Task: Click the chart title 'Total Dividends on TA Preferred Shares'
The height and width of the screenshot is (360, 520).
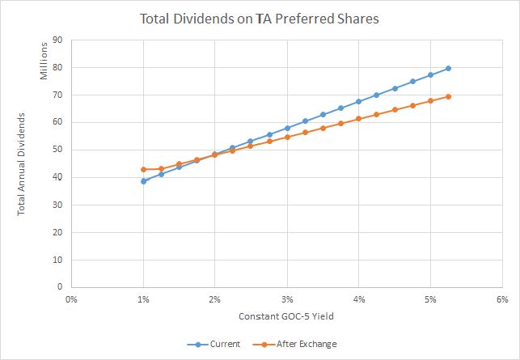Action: click(259, 17)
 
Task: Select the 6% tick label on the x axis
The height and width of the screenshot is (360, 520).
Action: click(501, 299)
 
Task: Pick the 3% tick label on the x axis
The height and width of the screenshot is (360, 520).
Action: click(287, 299)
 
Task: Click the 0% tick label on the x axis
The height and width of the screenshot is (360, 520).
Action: click(71, 299)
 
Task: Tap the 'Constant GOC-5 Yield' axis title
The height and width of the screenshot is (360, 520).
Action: click(286, 316)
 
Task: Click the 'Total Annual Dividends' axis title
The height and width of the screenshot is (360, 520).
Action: click(22, 164)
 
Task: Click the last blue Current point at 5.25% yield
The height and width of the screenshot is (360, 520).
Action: click(448, 69)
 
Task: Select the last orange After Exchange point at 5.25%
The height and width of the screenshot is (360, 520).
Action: click(448, 96)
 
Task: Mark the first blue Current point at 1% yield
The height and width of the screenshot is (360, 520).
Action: click(143, 181)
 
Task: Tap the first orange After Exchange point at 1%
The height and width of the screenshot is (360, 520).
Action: click(143, 169)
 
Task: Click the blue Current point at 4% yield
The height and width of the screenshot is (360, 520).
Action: click(358, 101)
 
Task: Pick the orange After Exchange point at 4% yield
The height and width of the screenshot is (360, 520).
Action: click(358, 119)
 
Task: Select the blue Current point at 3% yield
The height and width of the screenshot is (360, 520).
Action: click(287, 128)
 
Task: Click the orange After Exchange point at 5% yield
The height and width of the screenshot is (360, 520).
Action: click(430, 100)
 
